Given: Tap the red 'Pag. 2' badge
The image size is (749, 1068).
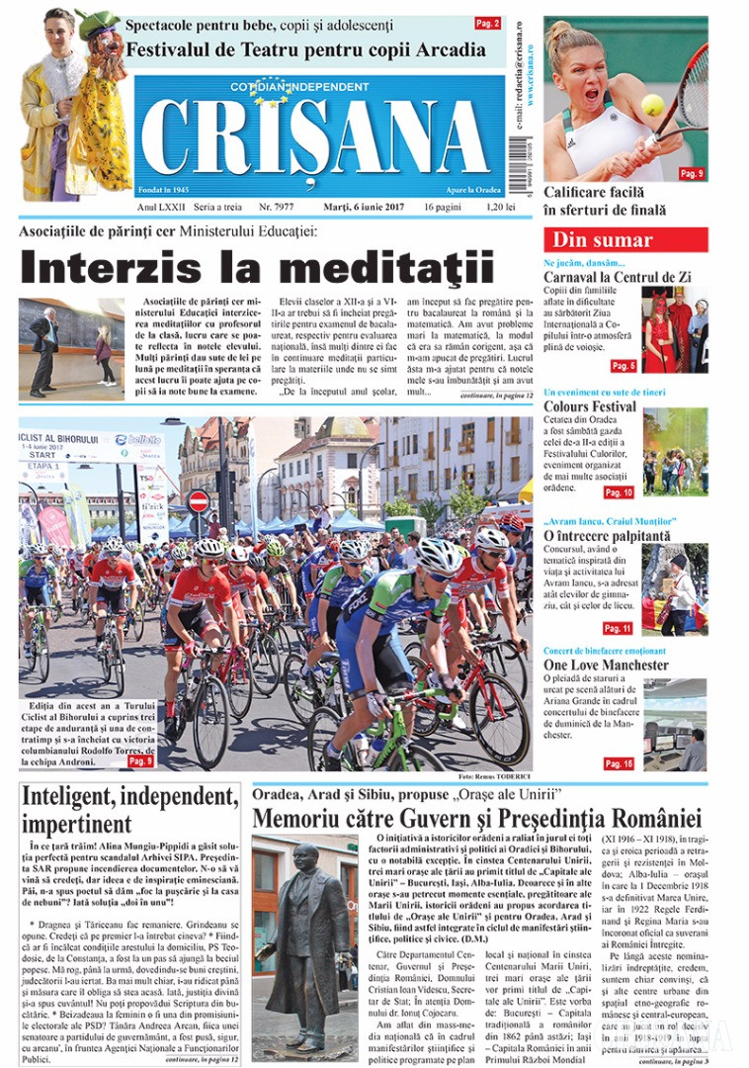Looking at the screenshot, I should (x=487, y=23).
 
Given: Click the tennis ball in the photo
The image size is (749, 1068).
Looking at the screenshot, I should (x=652, y=105).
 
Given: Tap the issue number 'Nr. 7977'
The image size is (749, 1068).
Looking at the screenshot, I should (x=277, y=207).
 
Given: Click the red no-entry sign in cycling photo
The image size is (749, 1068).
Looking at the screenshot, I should (x=198, y=500).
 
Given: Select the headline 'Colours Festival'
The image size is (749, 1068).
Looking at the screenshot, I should (x=590, y=406).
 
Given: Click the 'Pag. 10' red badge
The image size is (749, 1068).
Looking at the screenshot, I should (x=619, y=492).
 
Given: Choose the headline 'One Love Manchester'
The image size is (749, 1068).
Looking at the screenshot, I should (x=606, y=666).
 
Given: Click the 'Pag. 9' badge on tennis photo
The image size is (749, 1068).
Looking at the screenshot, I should (x=691, y=174).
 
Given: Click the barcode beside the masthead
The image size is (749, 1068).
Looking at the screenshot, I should (x=518, y=165).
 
